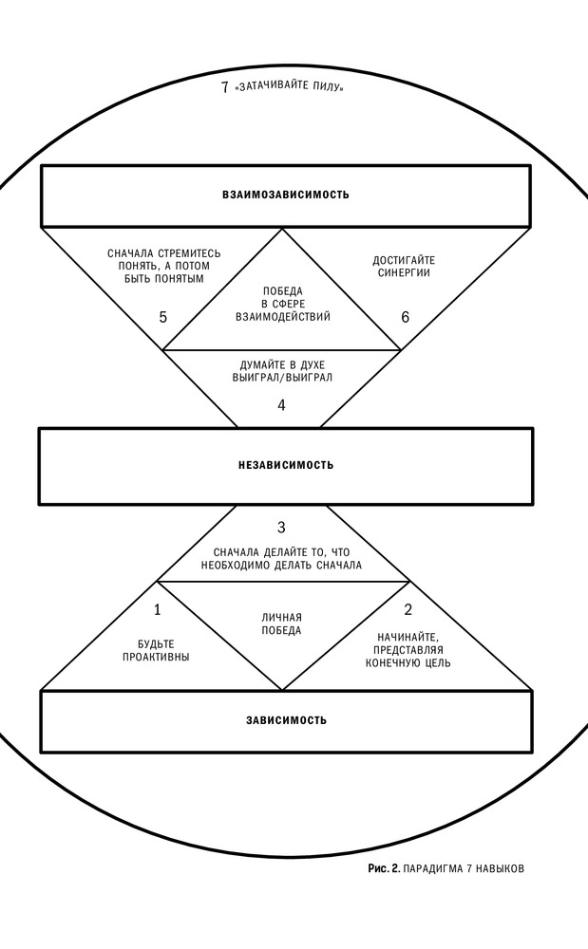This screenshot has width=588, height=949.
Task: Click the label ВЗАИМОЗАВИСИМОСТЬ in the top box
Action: [x=286, y=195]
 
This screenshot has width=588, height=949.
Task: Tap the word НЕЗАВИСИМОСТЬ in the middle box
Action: [x=286, y=465]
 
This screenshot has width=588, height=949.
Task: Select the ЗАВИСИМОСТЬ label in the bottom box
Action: [x=287, y=720]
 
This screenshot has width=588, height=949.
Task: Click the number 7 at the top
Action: [x=225, y=87]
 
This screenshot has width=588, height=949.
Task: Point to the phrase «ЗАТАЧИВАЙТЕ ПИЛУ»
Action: [x=291, y=87]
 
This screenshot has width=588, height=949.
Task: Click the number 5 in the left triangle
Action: [x=162, y=317]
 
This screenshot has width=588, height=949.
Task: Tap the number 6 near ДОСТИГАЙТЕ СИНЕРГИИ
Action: [x=405, y=317]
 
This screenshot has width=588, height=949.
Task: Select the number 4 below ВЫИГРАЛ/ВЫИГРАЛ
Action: [x=281, y=405]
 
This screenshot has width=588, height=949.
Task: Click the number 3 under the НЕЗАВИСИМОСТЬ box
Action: [x=281, y=527]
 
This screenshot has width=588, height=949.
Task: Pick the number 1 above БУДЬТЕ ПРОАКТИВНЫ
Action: [x=158, y=609]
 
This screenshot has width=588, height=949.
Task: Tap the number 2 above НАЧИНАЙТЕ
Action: [x=408, y=609]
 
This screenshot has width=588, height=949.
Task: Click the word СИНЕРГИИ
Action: [x=404, y=272]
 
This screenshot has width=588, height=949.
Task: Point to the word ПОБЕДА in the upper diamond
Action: [x=283, y=291]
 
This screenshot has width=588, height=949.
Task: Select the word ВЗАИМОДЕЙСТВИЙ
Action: [x=283, y=316]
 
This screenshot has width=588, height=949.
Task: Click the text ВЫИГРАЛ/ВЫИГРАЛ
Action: [x=283, y=377]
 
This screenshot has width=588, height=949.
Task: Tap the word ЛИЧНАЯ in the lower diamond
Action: [x=281, y=618]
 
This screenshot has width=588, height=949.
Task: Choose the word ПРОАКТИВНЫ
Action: [x=156, y=657]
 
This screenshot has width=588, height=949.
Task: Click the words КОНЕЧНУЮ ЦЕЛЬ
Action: [x=408, y=662]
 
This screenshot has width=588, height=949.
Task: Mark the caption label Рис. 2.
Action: [x=384, y=868]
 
